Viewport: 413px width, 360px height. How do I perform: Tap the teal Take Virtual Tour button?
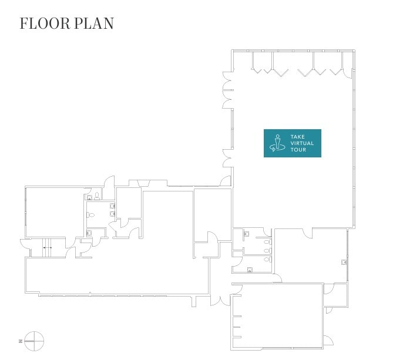pos(292,143)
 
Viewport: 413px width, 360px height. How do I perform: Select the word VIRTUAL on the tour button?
pos(302,143)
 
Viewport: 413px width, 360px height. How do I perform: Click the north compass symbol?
pos(34,341)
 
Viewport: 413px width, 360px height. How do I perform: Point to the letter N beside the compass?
pos(20,341)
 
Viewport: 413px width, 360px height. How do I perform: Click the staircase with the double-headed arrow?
pos(48,248)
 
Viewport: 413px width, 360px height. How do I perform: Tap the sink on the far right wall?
pos(344,262)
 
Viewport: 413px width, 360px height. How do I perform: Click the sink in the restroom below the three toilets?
pos(250,270)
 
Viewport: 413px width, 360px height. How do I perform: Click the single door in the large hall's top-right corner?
pos(348,73)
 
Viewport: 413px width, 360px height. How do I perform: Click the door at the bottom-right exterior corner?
pos(328,340)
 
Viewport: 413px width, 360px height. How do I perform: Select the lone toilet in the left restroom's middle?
pos(90,215)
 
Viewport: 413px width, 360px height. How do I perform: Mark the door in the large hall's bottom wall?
pos(307,233)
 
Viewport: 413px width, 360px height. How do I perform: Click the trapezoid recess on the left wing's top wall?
pos(144,183)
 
